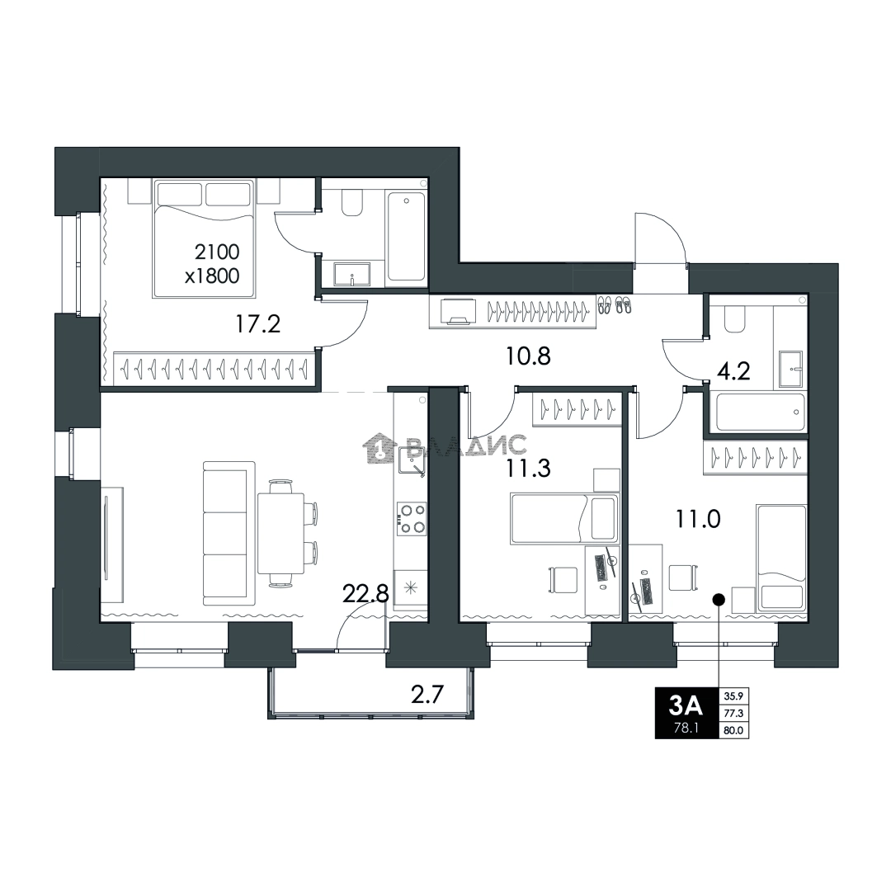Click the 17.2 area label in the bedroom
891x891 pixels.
pyautogui.click(x=258, y=324)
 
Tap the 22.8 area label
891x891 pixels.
pyautogui.click(x=366, y=594)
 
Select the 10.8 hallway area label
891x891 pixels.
pyautogui.click(x=529, y=356)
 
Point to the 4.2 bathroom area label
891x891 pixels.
pyautogui.click(x=733, y=371)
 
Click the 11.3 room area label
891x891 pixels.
pyautogui.click(x=529, y=469)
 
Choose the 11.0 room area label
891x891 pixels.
pyautogui.click(x=698, y=519)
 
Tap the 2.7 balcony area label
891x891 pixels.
pyautogui.click(x=427, y=695)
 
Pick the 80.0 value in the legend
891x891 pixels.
pyautogui.click(x=733, y=731)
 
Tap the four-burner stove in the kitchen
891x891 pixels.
pyautogui.click(x=411, y=518)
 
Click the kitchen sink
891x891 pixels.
pyautogui.click(x=411, y=460)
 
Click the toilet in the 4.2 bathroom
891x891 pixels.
pyautogui.click(x=735, y=319)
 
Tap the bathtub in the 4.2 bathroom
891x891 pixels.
pyautogui.click(x=761, y=412)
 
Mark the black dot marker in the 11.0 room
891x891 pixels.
pyautogui.click(x=719, y=598)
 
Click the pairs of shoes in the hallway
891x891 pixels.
pyautogui.click(x=615, y=304)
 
